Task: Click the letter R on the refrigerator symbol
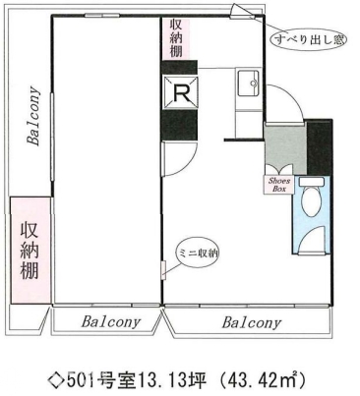point(181,93)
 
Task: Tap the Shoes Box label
point(279,185)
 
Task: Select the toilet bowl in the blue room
point(310,202)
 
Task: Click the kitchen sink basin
point(248,83)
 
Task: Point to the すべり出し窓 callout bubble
point(308,39)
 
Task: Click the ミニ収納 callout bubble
point(198,254)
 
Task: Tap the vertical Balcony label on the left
point(33,116)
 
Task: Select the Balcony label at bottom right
point(252,323)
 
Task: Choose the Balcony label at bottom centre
point(110,321)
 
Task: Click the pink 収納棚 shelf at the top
point(176,39)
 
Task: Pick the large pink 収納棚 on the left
point(30,251)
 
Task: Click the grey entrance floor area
point(286,147)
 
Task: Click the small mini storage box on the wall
point(164,270)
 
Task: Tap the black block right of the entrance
point(320,147)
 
